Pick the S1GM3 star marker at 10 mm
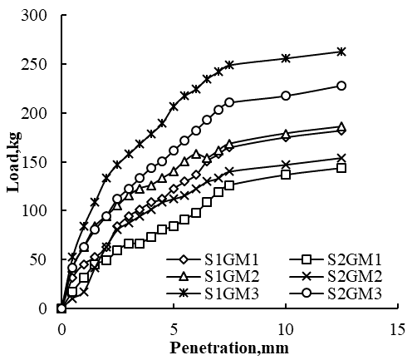point(286,58)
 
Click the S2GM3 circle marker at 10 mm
point(286,96)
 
